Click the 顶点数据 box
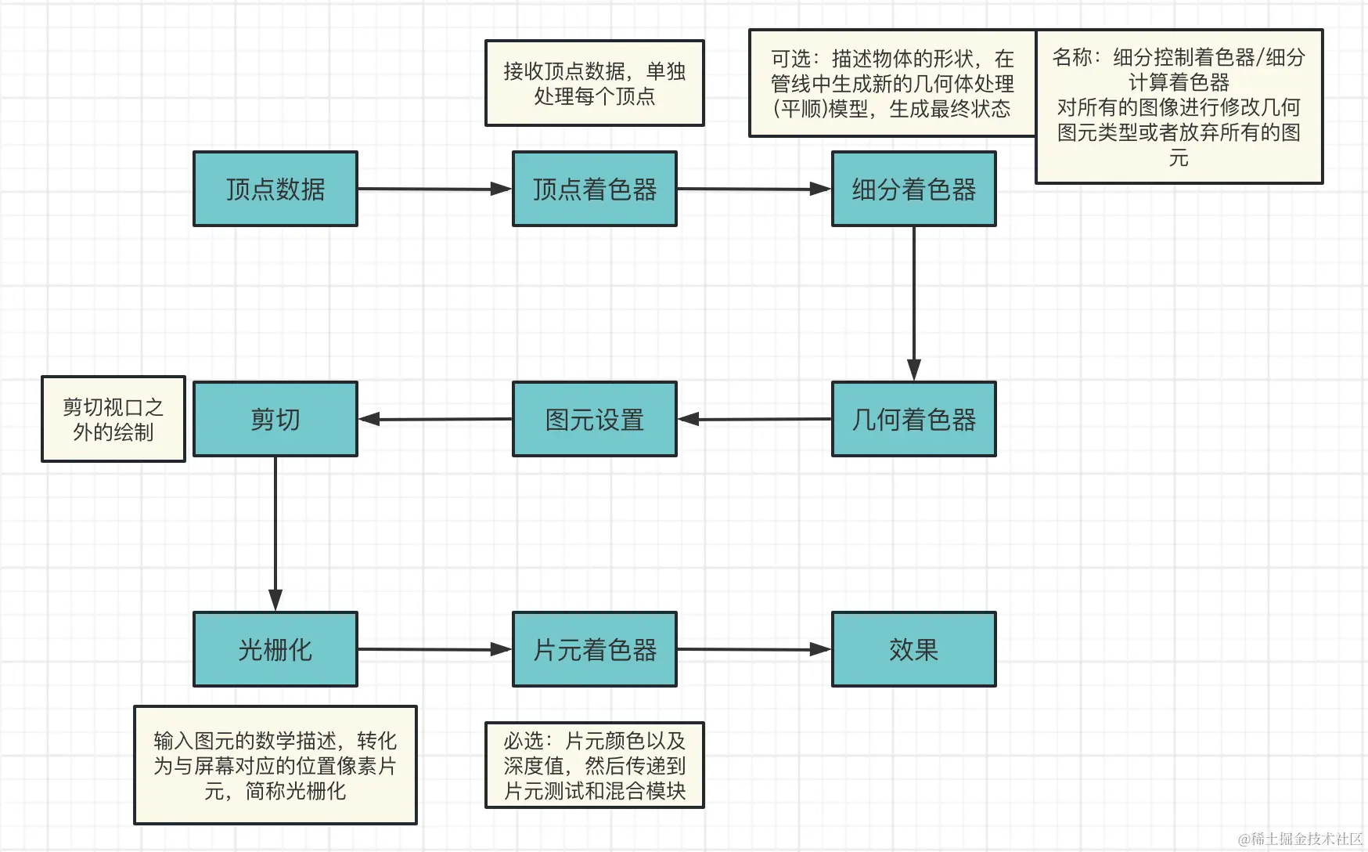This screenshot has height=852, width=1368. pyautogui.click(x=275, y=189)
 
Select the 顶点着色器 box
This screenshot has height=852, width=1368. pyautogui.click(x=595, y=189)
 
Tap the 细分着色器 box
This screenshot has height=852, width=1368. pyautogui.click(x=913, y=189)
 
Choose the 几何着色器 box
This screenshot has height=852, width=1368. pyautogui.click(x=913, y=419)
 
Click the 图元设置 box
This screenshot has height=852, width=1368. pyautogui.click(x=595, y=419)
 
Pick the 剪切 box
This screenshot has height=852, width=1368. pyautogui.click(x=275, y=419)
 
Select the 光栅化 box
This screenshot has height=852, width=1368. pyautogui.click(x=275, y=649)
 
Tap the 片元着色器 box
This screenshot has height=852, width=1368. pyautogui.click(x=595, y=649)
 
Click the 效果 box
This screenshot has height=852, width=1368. pyautogui.click(x=913, y=649)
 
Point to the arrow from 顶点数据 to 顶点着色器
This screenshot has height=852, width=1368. pyautogui.click(x=434, y=189)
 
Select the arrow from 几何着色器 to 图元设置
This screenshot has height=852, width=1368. pyautogui.click(x=754, y=419)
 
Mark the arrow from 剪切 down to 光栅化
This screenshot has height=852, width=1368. pyautogui.click(x=275, y=532)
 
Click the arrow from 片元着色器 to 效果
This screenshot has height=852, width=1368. pyautogui.click(x=754, y=649)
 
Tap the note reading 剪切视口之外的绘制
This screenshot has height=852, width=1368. pyautogui.click(x=113, y=419)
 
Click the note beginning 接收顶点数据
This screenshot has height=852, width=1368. pyautogui.click(x=595, y=83)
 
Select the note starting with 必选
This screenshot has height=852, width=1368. pyautogui.click(x=595, y=765)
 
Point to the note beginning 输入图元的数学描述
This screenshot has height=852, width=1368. pyautogui.click(x=275, y=765)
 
